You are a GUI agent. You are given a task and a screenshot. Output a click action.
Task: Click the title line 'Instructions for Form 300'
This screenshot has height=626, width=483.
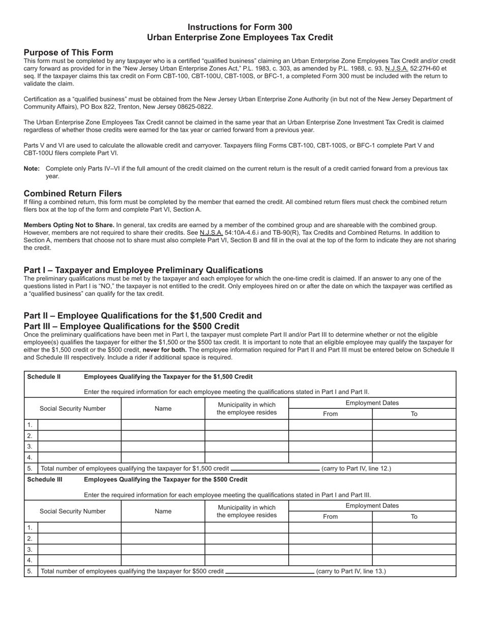pos(240,27)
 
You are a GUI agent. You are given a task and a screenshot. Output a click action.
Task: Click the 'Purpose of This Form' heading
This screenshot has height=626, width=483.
pos(68,52)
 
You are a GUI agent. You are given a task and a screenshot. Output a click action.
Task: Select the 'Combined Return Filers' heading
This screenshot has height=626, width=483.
pos(73,193)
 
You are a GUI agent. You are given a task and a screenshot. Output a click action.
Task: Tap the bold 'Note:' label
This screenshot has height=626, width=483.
pos(32,168)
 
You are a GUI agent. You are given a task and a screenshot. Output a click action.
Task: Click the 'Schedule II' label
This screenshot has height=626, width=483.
pos(44,377)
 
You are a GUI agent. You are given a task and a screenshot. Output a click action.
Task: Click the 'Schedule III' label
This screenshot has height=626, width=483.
pos(45,479)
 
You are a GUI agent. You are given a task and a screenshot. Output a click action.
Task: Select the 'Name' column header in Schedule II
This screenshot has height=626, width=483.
pos(163,408)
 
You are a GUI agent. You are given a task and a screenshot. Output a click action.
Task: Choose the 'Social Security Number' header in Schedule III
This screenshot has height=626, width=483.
pos(73,511)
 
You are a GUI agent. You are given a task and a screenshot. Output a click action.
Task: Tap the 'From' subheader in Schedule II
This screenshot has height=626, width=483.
pos(330,414)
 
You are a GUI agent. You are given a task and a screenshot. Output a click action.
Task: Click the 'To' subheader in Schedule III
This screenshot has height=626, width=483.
pos(414,517)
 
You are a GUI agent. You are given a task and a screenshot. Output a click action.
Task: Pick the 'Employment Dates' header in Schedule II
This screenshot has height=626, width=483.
pos(372,403)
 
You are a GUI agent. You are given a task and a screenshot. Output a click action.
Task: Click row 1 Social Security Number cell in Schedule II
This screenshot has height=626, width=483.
pos(79,424)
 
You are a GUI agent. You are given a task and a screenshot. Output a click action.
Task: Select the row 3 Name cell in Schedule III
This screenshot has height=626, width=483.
pos(163,549)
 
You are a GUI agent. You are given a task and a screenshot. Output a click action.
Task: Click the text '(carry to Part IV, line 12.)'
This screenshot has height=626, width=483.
pos(356,468)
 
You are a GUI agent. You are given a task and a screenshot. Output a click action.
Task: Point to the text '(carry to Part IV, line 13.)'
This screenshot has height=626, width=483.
pos(351,571)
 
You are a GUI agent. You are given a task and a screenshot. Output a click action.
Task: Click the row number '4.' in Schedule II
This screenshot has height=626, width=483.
pos(30,457)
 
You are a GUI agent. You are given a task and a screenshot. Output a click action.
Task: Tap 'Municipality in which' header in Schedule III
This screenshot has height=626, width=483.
pos(247,507)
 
